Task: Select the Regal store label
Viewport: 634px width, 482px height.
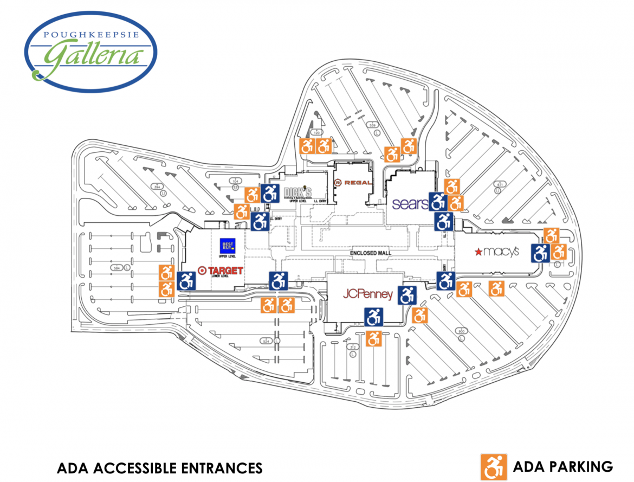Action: (x=353, y=183)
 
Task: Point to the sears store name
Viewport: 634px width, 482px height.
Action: (x=410, y=204)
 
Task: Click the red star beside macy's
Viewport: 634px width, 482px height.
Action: (x=478, y=251)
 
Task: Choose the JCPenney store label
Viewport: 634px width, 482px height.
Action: (x=367, y=294)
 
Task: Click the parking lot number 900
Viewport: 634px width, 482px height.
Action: (x=462, y=331)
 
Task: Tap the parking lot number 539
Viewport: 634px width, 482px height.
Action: (x=373, y=126)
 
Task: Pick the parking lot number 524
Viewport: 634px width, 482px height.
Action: (x=266, y=341)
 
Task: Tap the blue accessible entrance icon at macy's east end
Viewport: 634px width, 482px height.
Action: (x=540, y=253)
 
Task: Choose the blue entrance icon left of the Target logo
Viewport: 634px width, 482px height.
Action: (x=186, y=280)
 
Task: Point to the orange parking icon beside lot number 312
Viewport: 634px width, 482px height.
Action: (x=373, y=338)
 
